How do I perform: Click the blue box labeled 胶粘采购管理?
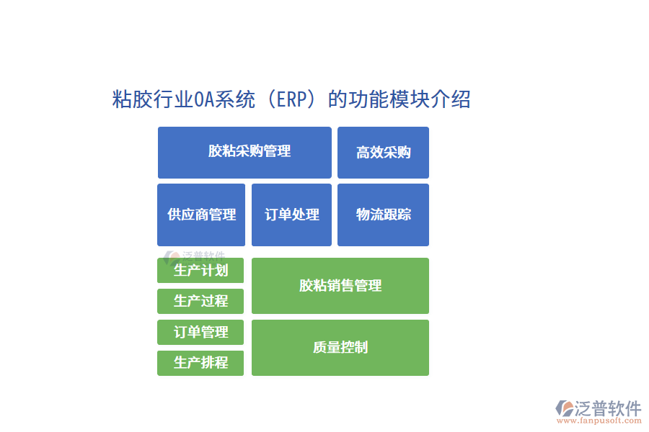click(244, 152)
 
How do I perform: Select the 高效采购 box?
click(383, 152)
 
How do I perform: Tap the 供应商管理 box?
click(201, 215)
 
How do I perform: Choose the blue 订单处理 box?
click(291, 215)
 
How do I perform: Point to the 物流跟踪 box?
click(383, 215)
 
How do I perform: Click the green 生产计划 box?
click(200, 271)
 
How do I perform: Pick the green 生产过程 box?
click(200, 301)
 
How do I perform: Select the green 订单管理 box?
click(200, 332)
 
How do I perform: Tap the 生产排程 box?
click(200, 363)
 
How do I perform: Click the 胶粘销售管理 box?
click(340, 286)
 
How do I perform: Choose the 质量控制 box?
click(340, 348)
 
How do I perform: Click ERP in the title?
click(291, 99)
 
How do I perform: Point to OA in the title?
click(203, 99)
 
